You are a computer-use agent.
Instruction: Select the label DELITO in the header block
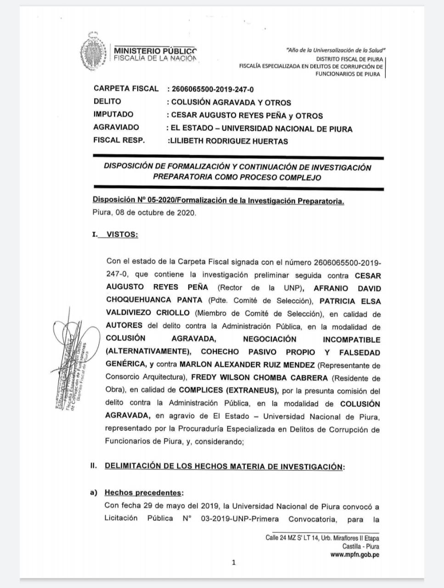coord(107,102)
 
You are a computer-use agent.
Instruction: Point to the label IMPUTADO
coord(113,114)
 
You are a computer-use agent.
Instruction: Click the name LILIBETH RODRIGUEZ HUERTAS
coord(229,141)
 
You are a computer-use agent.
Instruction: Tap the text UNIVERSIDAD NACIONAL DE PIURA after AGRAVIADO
coord(287,129)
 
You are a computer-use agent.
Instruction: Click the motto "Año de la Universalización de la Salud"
coord(336,50)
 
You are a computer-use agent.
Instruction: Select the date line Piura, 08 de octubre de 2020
coord(144,213)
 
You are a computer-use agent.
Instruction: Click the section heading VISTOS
coord(122,234)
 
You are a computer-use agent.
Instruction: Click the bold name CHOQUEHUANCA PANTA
coord(154,300)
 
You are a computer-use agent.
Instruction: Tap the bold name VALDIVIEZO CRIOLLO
coord(147,313)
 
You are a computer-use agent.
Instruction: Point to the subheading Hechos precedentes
coord(143,493)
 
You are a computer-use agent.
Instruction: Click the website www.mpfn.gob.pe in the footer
coord(354,554)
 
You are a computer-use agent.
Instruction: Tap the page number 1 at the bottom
coord(234,562)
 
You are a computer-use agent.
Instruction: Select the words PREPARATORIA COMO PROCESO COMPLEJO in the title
coord(237,177)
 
